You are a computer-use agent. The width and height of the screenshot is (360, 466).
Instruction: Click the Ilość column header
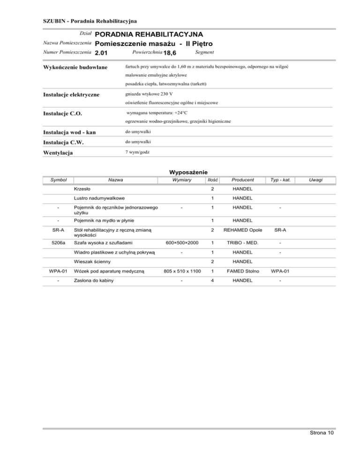tap(212, 180)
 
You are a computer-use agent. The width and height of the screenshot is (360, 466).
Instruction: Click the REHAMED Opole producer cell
tap(243, 230)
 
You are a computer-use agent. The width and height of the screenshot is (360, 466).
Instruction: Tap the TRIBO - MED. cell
tap(243, 242)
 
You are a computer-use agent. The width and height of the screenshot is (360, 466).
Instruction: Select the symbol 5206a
tap(59, 242)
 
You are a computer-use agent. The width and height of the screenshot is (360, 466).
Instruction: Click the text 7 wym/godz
tap(138, 152)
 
